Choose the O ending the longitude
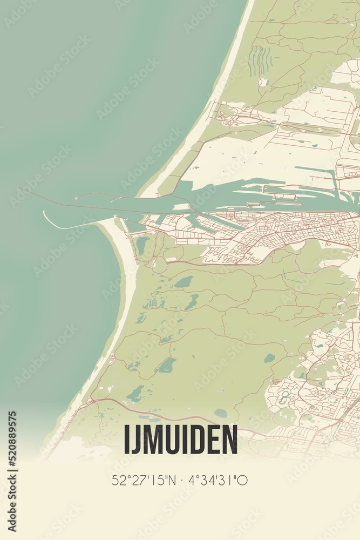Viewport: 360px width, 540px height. click(243, 480)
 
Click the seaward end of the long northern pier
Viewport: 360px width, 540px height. click(20, 188)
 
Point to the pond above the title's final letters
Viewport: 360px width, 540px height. click(220, 413)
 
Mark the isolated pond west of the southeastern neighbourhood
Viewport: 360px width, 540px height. click(269, 357)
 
